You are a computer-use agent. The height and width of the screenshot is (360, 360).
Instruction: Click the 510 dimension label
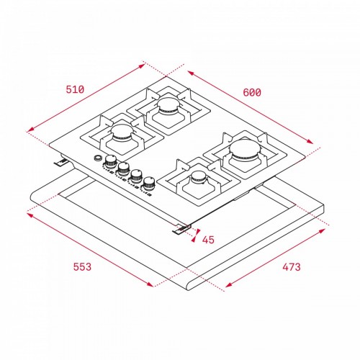click(75, 89)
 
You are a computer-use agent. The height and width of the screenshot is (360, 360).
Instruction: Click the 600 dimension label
click(252, 92)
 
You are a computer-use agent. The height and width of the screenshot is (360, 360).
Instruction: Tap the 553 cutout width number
click(82, 267)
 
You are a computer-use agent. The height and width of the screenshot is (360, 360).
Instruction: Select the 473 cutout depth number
click(292, 267)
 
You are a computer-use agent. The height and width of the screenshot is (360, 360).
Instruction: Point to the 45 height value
click(208, 240)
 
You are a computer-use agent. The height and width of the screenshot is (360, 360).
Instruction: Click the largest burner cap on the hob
click(245, 148)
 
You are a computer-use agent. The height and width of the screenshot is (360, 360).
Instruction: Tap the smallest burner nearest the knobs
click(199, 178)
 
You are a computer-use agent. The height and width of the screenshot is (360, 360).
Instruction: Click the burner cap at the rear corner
click(168, 105)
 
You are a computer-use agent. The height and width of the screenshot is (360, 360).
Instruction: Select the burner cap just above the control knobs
click(122, 132)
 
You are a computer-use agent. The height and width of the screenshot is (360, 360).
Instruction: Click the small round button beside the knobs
click(98, 158)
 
